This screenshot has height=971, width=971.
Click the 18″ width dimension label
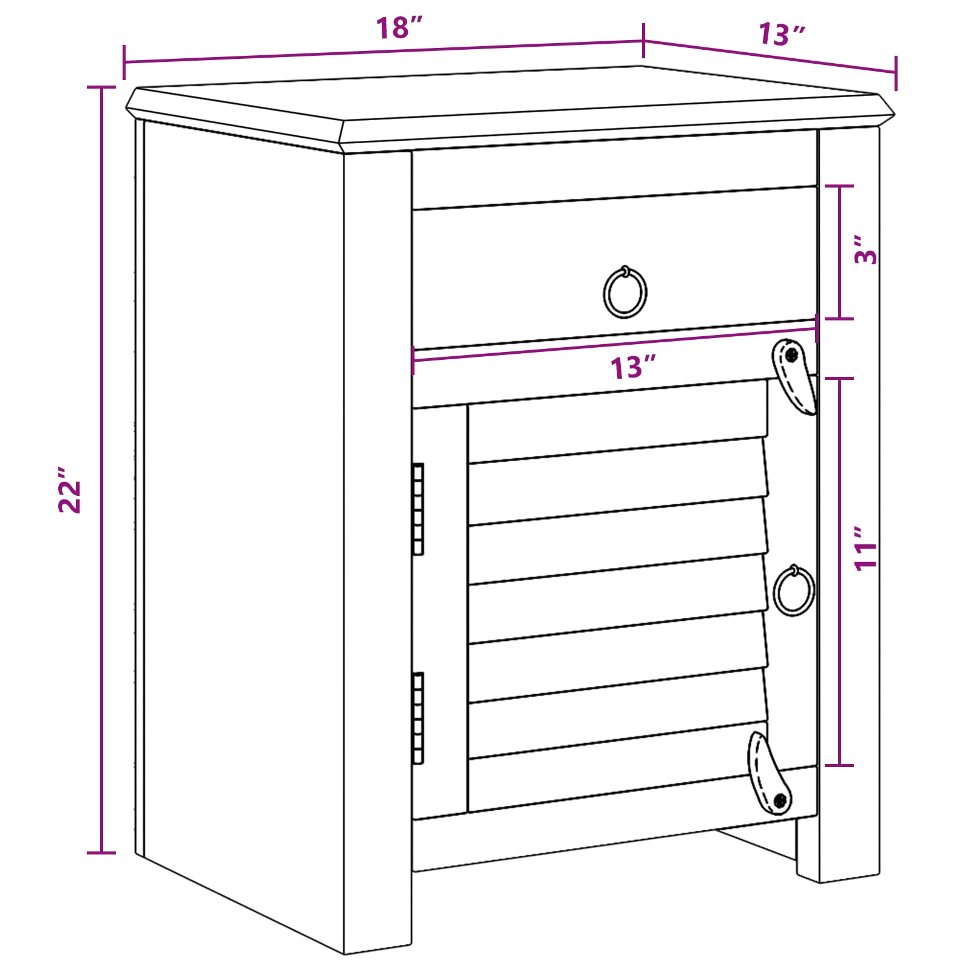click(x=398, y=28)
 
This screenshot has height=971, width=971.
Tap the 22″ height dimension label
click(x=70, y=490)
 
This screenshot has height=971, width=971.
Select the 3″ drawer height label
click(x=866, y=249)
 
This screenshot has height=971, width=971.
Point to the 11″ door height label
click(x=866, y=549)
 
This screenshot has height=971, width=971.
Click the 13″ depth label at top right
click(x=782, y=35)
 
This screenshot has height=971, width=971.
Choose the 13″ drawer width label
click(x=634, y=368)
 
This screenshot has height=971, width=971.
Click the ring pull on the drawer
click(x=624, y=292)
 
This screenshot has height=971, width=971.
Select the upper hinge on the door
click(x=418, y=509)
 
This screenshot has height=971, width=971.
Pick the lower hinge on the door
click(x=418, y=718)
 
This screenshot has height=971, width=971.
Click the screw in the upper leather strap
click(x=791, y=355)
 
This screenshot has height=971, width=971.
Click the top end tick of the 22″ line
click(x=101, y=87)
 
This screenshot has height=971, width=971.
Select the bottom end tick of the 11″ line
click(x=840, y=766)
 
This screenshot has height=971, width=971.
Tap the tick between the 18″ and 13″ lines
click(x=643, y=41)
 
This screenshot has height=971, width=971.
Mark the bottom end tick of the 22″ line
click(x=101, y=853)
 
